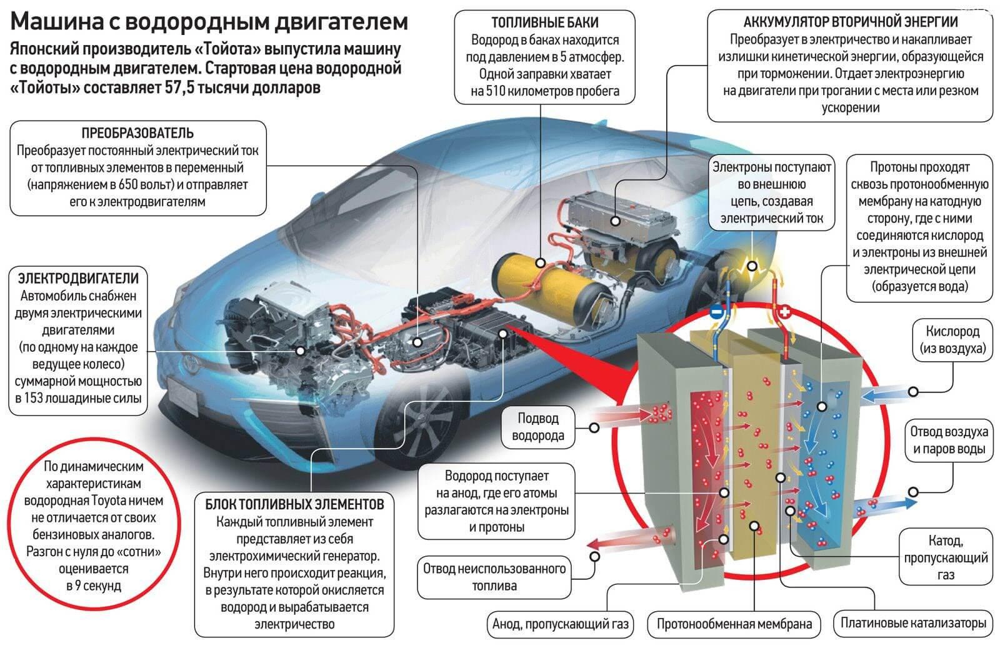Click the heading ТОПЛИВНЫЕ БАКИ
pos(544,23)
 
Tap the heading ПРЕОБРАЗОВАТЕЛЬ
pos(137,133)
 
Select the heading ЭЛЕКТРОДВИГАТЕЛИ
pos(78,278)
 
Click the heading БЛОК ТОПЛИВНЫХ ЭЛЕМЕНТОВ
pos(294,504)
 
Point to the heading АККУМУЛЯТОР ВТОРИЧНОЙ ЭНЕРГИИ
pos(850,22)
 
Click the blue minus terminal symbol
pos(716,312)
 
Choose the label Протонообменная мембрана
pos(734,624)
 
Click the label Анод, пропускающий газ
pos(560,624)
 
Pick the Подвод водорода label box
pos(537,427)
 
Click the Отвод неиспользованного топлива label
pos(494,577)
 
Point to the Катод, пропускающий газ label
pos(945,557)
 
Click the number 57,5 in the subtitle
pos(181,87)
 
